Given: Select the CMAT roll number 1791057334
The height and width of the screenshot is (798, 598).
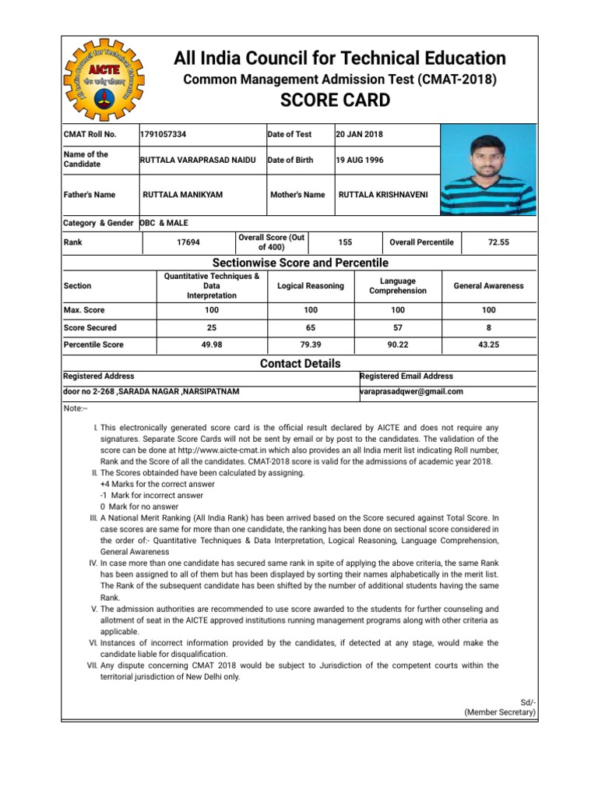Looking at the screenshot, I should (164, 134).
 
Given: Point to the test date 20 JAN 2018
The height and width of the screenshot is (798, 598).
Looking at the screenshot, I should (359, 134).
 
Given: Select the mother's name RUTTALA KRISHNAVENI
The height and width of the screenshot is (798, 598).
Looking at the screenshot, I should (383, 194).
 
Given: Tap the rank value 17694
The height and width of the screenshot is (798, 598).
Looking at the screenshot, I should (188, 242).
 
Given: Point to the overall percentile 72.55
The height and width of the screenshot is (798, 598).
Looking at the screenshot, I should (498, 242).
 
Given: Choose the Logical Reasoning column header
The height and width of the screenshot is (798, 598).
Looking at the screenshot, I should (311, 286).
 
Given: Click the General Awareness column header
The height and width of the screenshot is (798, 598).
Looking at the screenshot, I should (488, 286).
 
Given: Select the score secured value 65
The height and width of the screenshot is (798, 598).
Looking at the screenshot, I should (311, 327).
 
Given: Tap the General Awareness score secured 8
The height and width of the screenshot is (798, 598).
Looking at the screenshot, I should (488, 327).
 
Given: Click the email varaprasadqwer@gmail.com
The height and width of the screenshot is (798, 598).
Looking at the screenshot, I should (412, 391).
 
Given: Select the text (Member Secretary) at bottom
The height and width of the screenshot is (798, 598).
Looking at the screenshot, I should (499, 712).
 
